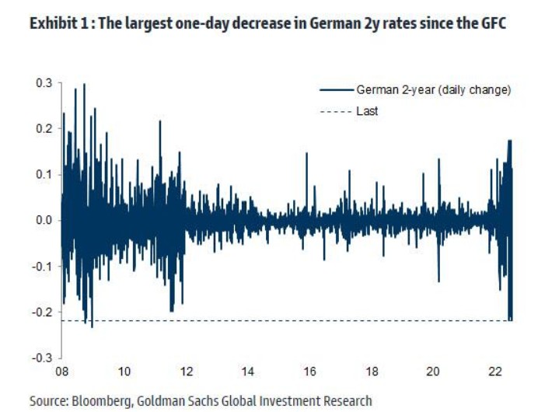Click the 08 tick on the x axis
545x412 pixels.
(x=61, y=372)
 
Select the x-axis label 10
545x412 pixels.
(x=124, y=372)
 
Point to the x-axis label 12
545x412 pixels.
(x=186, y=372)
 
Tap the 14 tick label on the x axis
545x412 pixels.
(x=248, y=372)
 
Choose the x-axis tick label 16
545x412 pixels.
(x=310, y=372)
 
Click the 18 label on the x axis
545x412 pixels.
(x=372, y=372)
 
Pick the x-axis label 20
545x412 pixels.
(x=435, y=372)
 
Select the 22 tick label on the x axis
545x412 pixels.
(x=496, y=372)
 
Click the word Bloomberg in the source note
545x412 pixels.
(x=98, y=401)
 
